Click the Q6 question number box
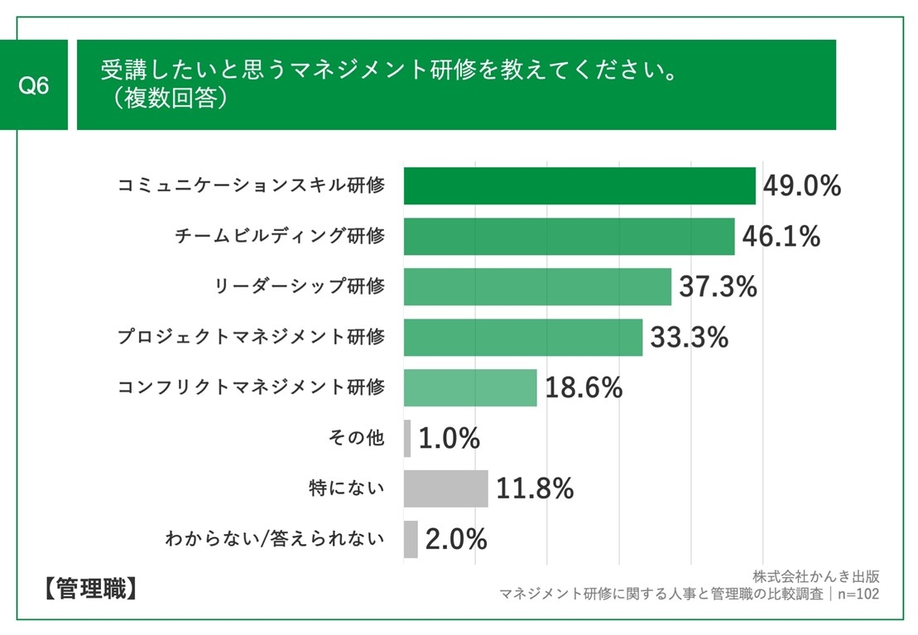(x=34, y=85)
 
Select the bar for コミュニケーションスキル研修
(x=579, y=185)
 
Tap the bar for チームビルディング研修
(x=569, y=237)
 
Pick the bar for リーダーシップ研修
(x=537, y=286)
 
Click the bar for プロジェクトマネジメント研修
(x=523, y=338)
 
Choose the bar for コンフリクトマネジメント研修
(x=470, y=388)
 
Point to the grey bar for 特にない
(x=445, y=488)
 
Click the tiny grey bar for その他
(x=407, y=438)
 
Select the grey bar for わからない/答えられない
(x=411, y=539)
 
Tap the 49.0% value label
(x=801, y=186)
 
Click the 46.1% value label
(x=781, y=237)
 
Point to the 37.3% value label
(x=718, y=287)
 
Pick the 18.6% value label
(x=584, y=388)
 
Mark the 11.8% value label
(x=535, y=488)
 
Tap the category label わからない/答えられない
(x=276, y=539)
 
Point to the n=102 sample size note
(x=858, y=594)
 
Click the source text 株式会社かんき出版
(x=815, y=576)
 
